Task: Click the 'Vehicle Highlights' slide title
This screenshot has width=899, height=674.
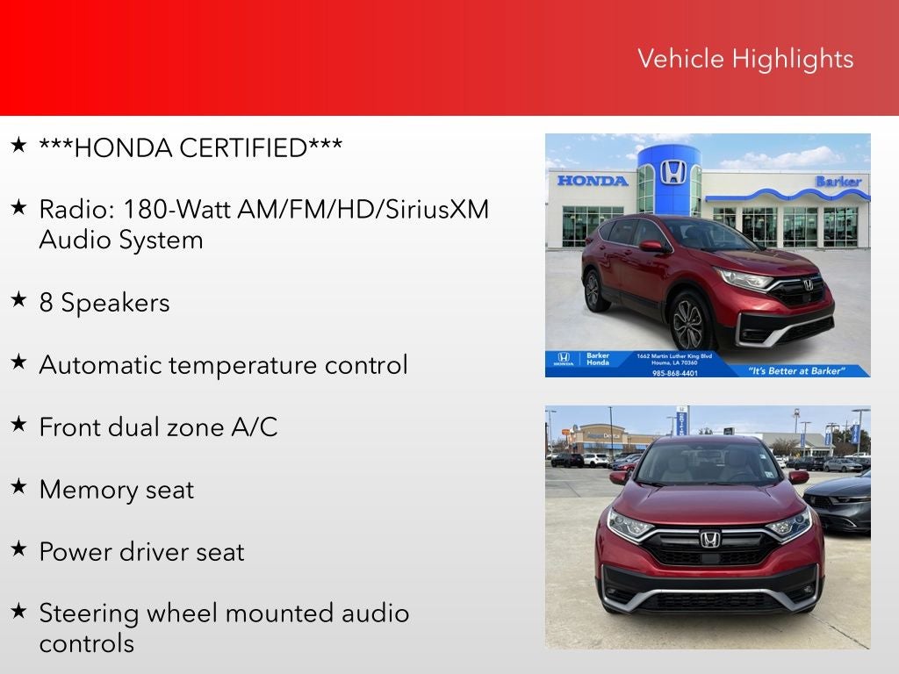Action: [x=744, y=59]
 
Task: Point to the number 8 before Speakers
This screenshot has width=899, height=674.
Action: [x=47, y=303]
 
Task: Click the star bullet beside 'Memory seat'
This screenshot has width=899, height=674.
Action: [x=18, y=486]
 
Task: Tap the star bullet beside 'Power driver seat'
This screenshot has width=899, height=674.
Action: [x=18, y=549]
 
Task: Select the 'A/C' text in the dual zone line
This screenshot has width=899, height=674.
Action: [x=254, y=427]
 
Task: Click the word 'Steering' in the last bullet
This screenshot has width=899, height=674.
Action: [x=89, y=613]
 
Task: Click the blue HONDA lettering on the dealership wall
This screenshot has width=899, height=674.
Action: [x=593, y=181]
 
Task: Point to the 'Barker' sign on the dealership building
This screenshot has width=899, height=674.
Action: [x=838, y=181]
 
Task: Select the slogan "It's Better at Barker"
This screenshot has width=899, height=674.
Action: [x=796, y=370]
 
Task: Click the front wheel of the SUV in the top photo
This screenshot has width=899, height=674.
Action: [x=690, y=322]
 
